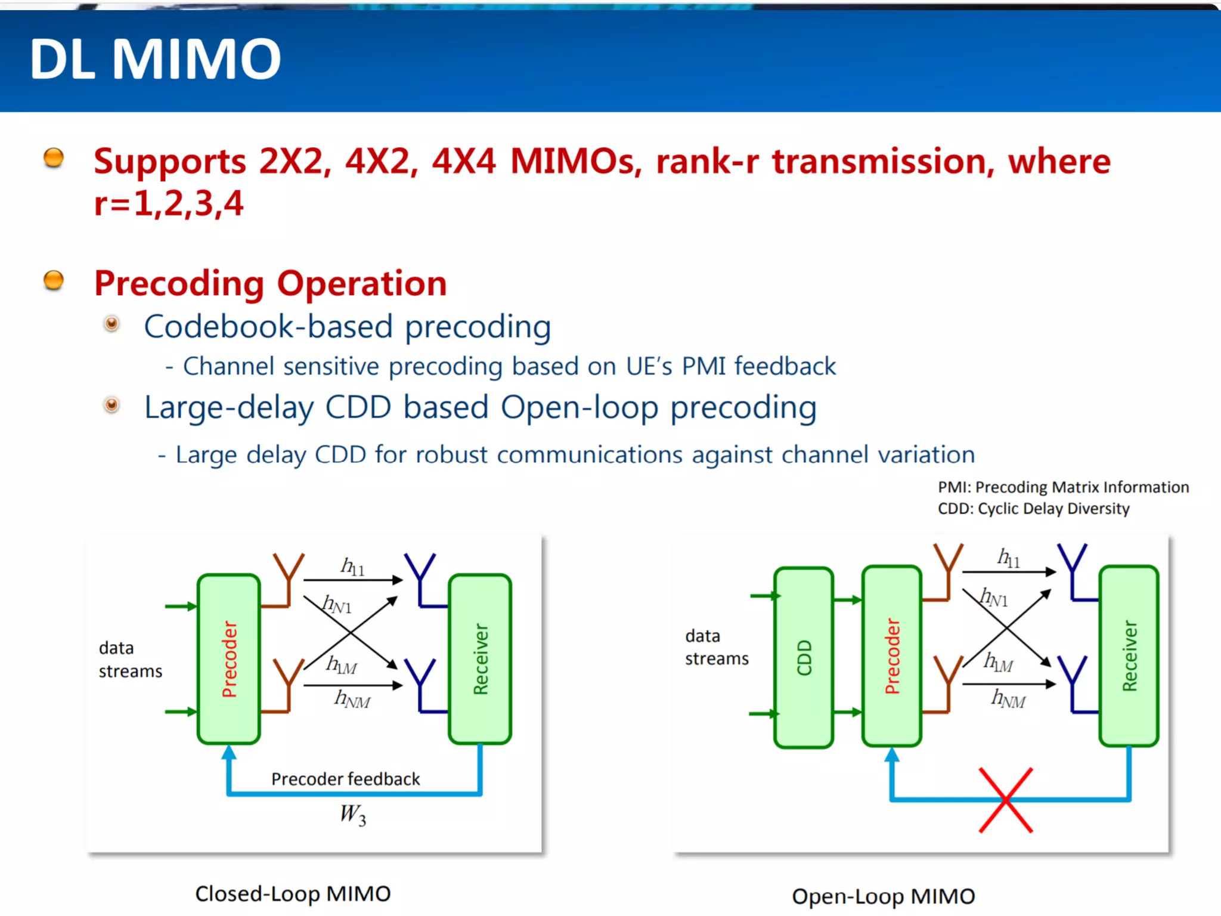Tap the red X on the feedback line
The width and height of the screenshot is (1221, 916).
[x=1006, y=800]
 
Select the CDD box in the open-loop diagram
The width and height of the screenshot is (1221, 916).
[x=804, y=657]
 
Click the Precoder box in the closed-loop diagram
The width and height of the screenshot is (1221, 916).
[x=229, y=659]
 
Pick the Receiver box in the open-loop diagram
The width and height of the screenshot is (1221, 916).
[x=1129, y=656]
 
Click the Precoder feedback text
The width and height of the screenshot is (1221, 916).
[x=345, y=779]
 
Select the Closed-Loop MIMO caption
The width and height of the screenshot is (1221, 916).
[x=293, y=893]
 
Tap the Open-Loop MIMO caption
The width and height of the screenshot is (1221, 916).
[x=883, y=896]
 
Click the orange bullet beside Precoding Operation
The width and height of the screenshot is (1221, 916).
[x=54, y=280]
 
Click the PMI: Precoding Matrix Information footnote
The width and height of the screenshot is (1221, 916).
[x=1063, y=487]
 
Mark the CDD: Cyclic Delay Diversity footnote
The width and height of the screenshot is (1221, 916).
[x=1033, y=509]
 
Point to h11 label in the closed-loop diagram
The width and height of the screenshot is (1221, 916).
[x=352, y=567]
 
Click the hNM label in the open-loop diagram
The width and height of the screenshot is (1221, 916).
[x=1008, y=698]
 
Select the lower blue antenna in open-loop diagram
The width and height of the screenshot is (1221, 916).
[x=1073, y=680]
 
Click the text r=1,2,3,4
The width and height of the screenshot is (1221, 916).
[x=169, y=203]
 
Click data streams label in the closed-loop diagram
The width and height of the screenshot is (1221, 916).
[x=130, y=660]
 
